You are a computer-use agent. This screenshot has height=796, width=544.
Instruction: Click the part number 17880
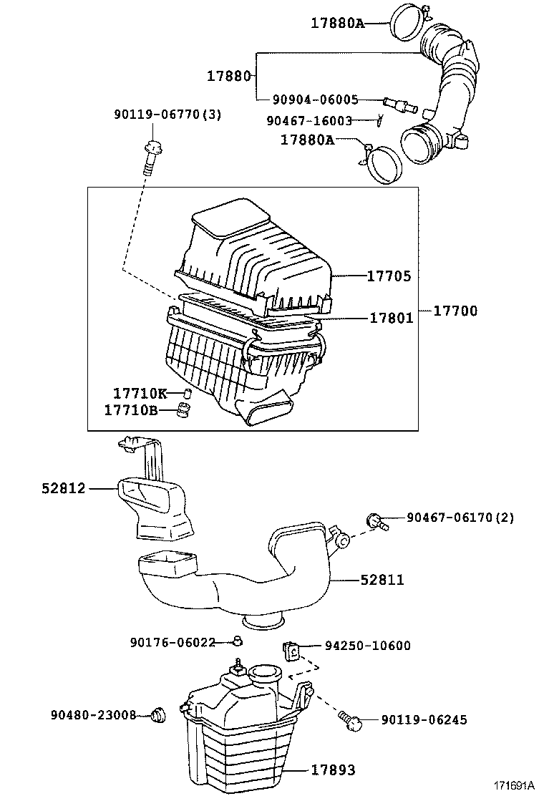[228, 76]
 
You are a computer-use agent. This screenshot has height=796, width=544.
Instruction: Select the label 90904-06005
[316, 100]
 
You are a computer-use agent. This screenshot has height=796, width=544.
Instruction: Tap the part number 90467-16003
[309, 121]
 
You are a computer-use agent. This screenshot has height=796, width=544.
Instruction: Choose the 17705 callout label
[389, 276]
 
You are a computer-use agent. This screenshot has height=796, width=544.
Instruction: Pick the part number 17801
[392, 317]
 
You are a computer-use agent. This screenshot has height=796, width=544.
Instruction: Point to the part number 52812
[63, 489]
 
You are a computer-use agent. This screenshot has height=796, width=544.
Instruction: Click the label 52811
[382, 580]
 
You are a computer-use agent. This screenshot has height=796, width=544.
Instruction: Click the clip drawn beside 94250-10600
[291, 649]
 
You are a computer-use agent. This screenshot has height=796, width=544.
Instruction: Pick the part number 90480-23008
[93, 714]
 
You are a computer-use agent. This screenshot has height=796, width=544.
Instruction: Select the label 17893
[333, 770]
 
